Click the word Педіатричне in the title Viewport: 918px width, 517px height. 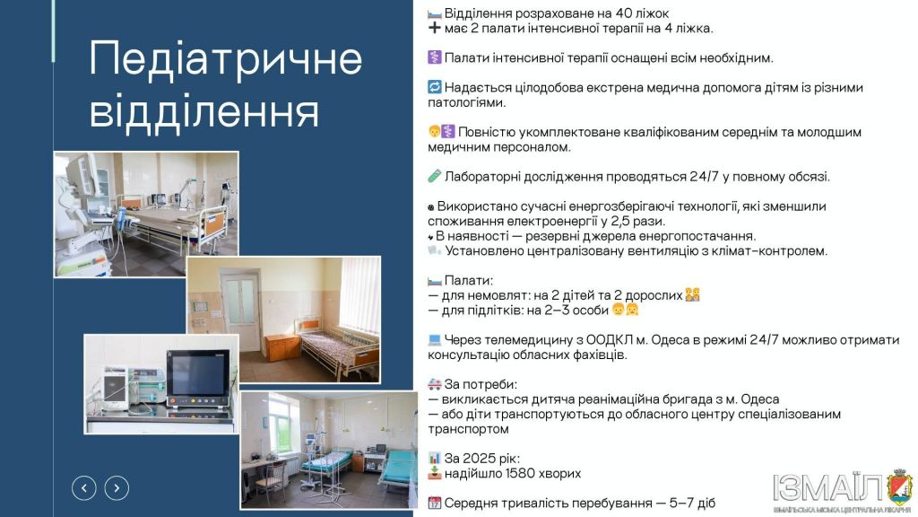225,59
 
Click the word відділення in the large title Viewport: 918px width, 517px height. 204,110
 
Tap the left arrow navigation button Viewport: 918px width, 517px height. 83,487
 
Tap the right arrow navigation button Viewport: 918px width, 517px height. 117,487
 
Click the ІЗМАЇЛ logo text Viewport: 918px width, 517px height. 827,487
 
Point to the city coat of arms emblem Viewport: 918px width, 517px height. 899,487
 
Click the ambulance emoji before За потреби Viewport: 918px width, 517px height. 435,384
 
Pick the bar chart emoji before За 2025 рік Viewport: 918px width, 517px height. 435,459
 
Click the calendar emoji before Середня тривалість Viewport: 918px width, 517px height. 435,503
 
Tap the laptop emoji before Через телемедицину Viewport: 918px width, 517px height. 435,340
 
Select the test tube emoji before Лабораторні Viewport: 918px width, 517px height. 435,177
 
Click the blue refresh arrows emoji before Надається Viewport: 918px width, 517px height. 435,87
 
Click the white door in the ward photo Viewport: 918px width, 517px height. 240,310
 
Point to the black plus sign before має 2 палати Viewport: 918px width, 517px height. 435,28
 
